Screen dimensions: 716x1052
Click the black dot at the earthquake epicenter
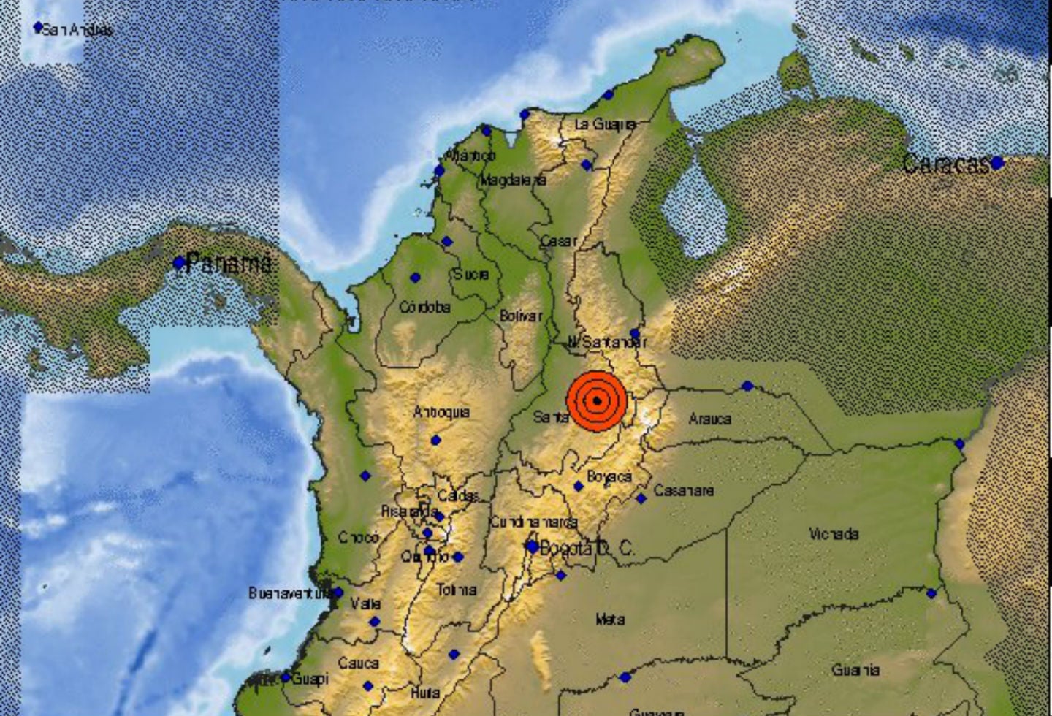click(598, 400)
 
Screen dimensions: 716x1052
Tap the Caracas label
click(945, 164)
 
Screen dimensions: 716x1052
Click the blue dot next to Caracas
click(996, 163)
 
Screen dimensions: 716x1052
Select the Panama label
click(228, 263)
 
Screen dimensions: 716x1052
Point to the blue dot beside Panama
click(179, 263)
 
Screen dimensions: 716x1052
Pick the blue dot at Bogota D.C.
click(533, 546)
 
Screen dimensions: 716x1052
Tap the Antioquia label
click(441, 412)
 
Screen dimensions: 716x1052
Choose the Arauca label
click(709, 419)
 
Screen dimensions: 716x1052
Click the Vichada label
click(834, 534)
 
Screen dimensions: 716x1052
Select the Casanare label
click(683, 490)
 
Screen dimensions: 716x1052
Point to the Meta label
click(610, 620)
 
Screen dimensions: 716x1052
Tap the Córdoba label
click(424, 307)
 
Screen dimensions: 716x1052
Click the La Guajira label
click(604, 124)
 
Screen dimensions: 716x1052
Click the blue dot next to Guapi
click(286, 678)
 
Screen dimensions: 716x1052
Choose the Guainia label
click(855, 669)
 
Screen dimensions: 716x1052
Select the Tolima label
click(457, 589)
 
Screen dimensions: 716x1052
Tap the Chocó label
click(359, 537)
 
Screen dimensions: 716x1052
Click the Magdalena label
click(513, 180)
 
